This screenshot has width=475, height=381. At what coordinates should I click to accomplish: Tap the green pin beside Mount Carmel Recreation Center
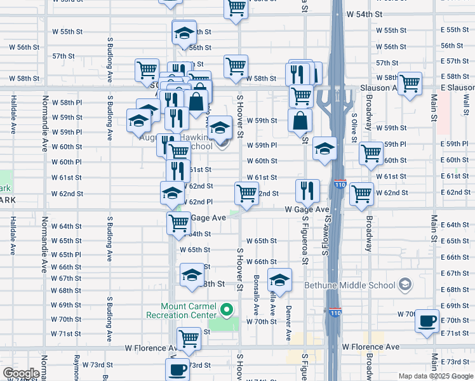click(225, 311)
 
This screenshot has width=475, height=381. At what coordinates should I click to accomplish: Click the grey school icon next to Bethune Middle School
click(405, 285)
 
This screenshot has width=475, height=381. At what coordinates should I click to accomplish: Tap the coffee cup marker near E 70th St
click(427, 321)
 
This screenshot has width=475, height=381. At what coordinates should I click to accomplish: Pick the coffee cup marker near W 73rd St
click(177, 369)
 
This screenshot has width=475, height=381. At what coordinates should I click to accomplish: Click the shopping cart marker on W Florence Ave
click(189, 339)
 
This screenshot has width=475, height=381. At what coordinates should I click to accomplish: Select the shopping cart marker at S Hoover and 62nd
click(246, 192)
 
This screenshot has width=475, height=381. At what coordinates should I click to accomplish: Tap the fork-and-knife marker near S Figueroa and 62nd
click(307, 190)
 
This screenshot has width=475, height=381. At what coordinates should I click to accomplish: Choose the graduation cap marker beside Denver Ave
click(279, 279)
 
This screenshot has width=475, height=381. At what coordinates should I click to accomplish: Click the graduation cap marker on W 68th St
click(191, 276)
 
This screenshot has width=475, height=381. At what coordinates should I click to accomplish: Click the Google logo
click(20, 373)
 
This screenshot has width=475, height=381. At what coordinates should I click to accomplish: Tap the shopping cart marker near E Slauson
click(410, 83)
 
